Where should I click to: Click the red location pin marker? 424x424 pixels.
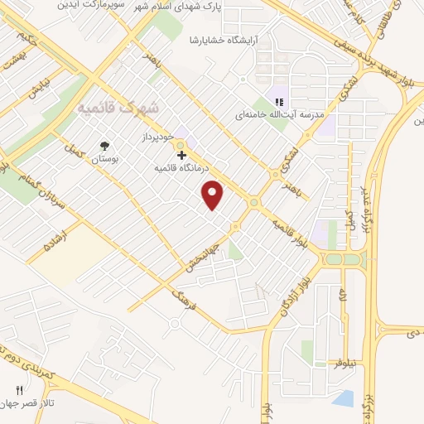[x=214, y=194]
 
